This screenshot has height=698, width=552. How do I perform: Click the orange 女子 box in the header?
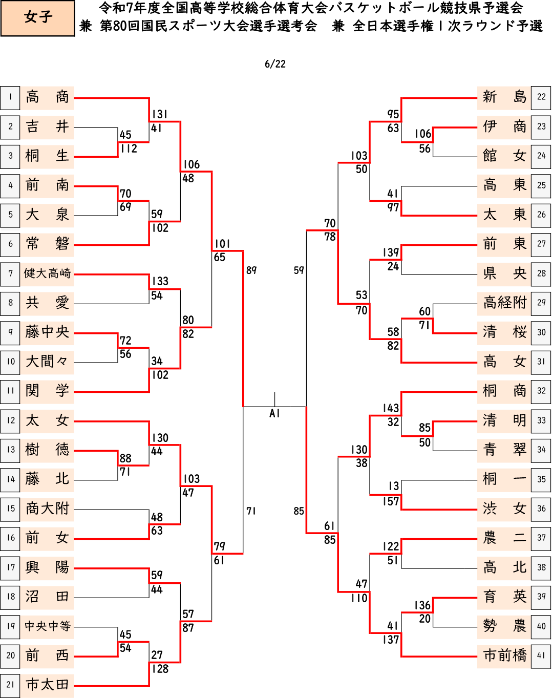click(37, 18)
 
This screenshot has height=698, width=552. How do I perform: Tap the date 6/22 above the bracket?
click(275, 64)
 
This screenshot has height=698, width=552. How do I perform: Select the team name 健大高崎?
click(47, 273)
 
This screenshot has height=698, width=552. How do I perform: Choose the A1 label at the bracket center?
click(274, 413)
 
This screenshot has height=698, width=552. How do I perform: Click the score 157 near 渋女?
click(391, 501)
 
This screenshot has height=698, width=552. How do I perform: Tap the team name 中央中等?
click(47, 626)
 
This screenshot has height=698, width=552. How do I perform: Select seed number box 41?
click(541, 656)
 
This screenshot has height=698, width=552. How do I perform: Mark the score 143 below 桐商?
click(391, 408)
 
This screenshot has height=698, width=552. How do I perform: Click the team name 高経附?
click(505, 303)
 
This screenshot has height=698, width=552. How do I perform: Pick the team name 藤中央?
click(47, 332)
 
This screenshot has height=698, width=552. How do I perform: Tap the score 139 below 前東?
click(391, 252)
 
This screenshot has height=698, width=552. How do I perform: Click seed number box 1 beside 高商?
click(10, 98)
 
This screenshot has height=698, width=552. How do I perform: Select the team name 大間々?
click(47, 362)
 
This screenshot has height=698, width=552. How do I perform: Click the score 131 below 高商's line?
click(160, 114)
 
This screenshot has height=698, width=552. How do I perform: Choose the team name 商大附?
click(47, 509)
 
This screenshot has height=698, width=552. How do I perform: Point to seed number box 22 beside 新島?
click(541, 97)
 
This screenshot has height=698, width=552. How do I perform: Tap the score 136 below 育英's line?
click(422, 605)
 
